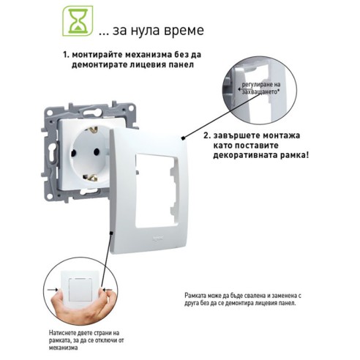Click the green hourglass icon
pyautogui.click(x=72, y=20)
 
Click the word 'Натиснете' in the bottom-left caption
pyautogui.click(x=65, y=333)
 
